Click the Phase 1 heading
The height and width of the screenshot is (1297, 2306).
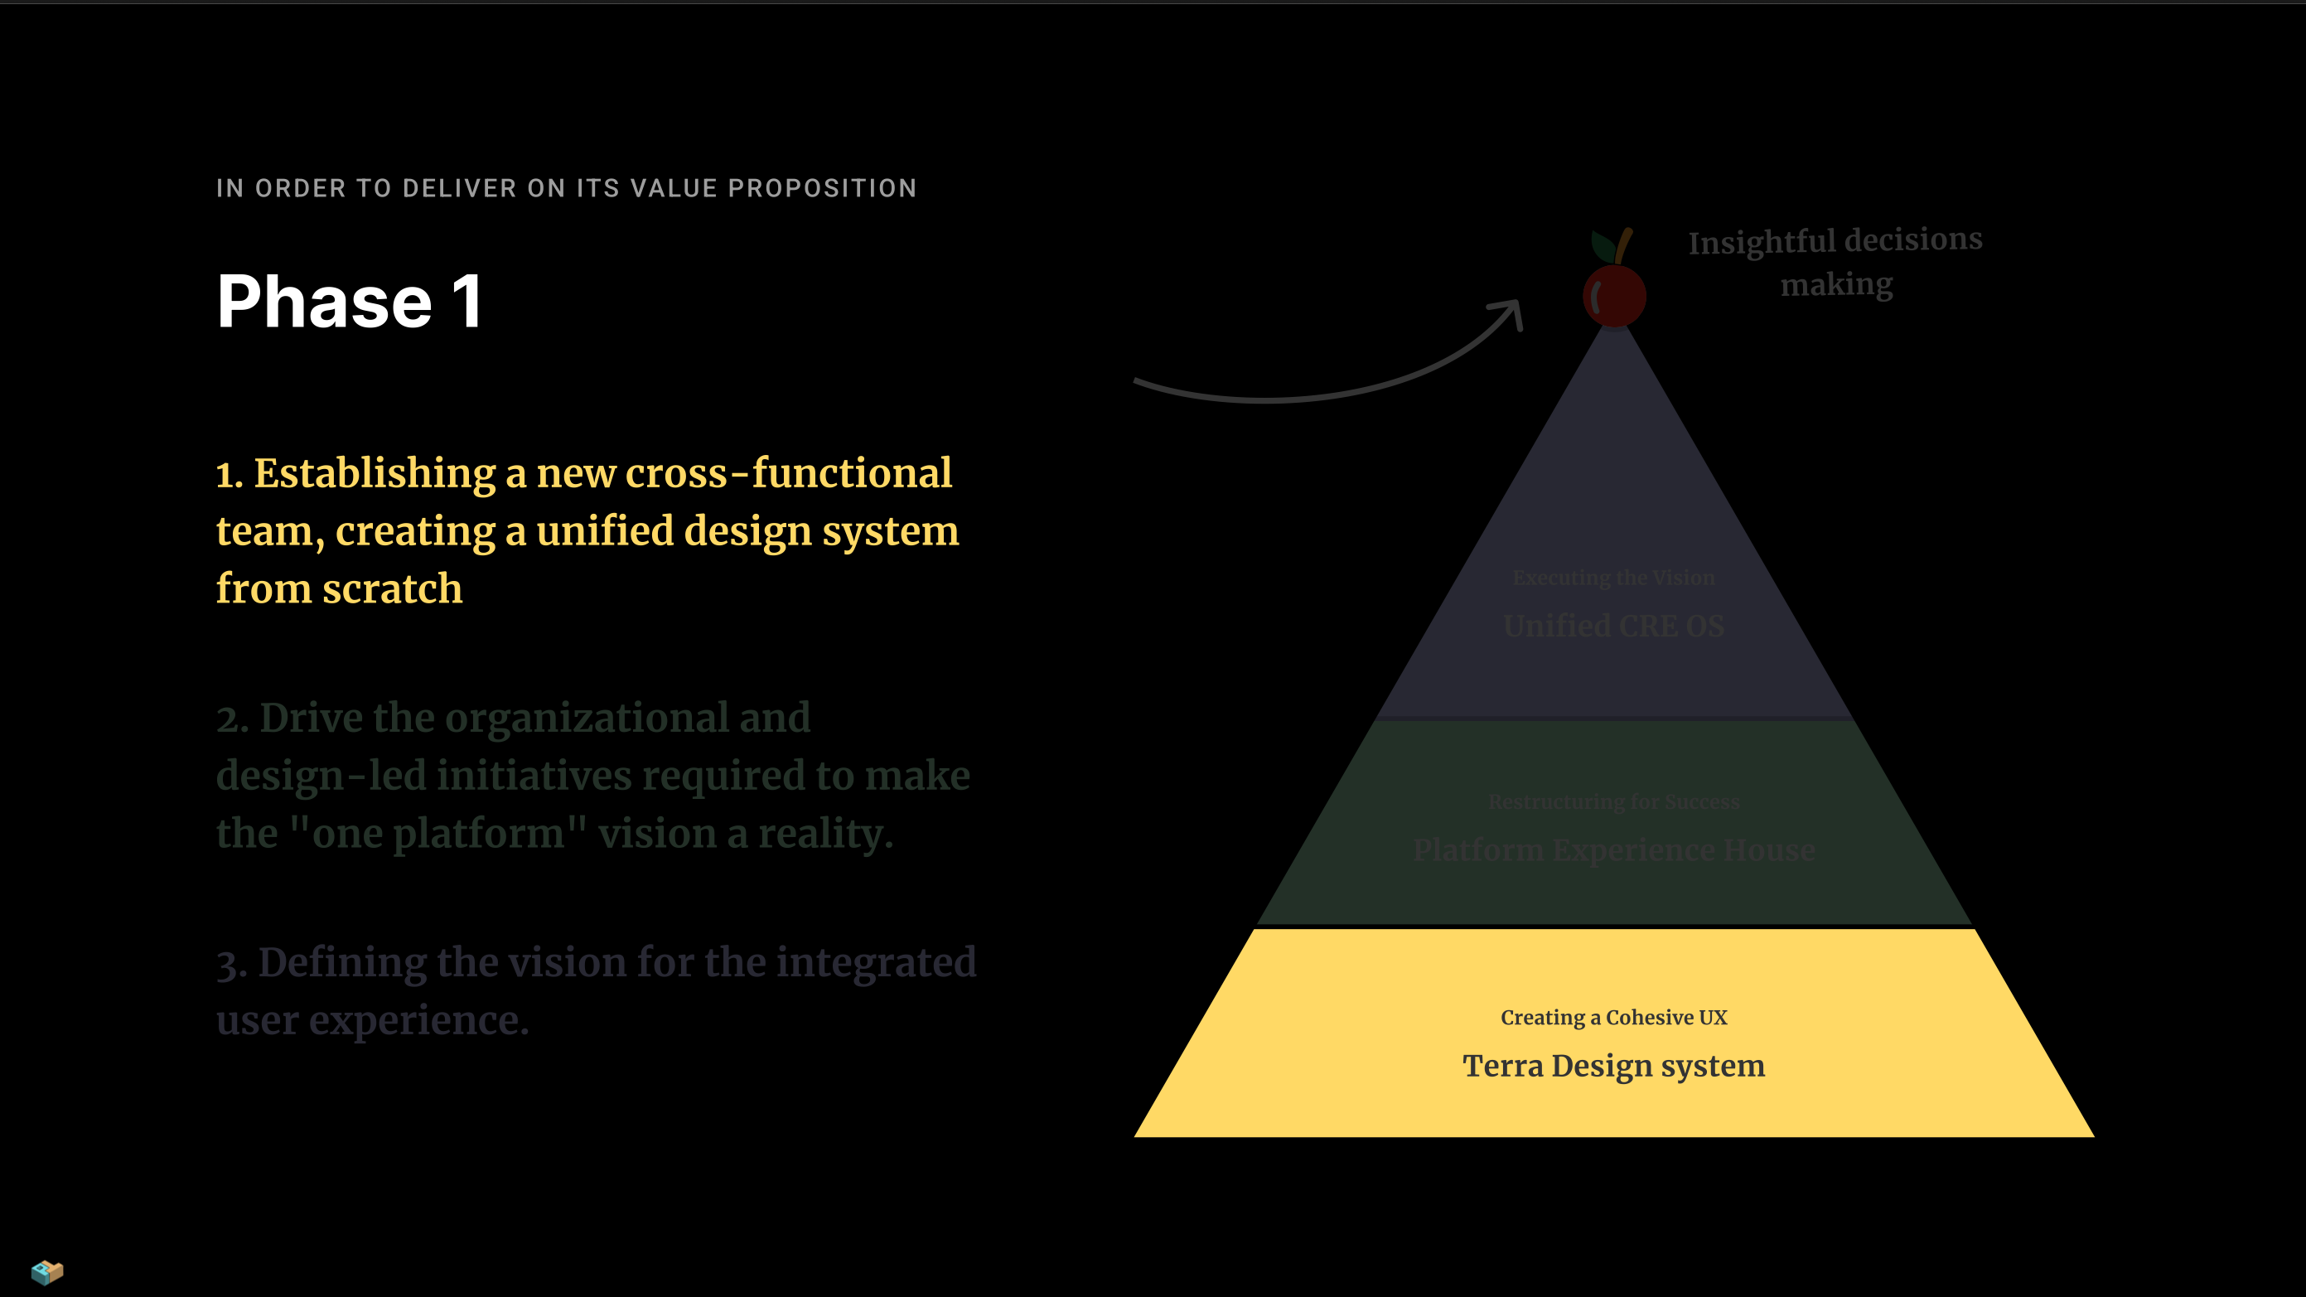coord(350,302)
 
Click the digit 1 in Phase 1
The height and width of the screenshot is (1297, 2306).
coord(467,302)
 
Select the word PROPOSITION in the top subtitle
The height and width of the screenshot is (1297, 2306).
coord(822,188)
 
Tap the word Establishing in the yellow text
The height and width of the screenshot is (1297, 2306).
coord(375,472)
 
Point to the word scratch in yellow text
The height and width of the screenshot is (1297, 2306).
coord(392,589)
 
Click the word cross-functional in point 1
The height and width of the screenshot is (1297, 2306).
coord(788,472)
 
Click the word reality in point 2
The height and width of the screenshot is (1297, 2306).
coord(825,834)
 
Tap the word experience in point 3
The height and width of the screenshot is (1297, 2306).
coord(419,1020)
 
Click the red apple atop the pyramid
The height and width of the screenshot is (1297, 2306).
coord(1614,294)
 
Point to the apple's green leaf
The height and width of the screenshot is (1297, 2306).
coord(1603,244)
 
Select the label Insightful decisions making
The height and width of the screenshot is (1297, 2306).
coord(1835,261)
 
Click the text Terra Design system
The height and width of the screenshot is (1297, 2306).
coord(1613,1066)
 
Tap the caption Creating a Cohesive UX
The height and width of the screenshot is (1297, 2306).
coord(1613,1018)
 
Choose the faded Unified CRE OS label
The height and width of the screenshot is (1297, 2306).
coord(1613,626)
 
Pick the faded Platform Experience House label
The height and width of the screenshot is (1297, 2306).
coord(1613,849)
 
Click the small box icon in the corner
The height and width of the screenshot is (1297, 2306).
coord(46,1271)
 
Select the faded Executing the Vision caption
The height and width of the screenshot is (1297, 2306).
coord(1613,578)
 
